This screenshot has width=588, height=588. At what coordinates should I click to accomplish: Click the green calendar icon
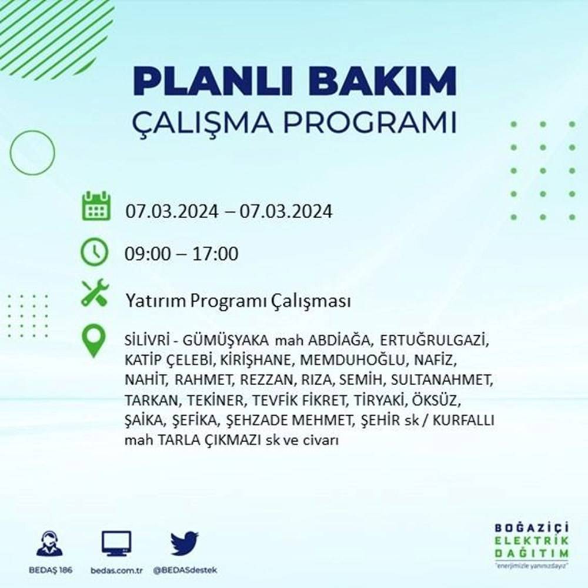tap(95, 206)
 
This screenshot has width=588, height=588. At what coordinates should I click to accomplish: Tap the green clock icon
tap(94, 253)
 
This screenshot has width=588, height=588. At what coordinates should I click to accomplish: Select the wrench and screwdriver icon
tap(95, 292)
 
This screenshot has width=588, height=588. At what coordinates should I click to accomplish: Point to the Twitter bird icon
tap(184, 543)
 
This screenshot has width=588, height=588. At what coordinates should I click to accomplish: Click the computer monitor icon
tap(116, 544)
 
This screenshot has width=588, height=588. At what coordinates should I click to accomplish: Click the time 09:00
tap(147, 254)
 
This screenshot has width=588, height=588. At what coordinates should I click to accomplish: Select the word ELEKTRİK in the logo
tap(532, 541)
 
